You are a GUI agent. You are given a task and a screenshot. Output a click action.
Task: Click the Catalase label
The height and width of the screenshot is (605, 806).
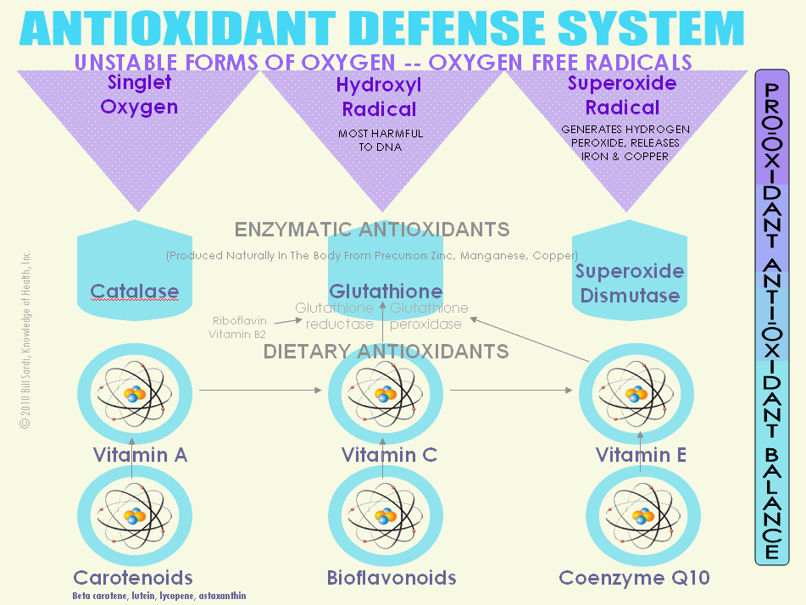135,292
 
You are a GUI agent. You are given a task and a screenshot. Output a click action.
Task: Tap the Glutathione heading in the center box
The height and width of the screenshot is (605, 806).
386,291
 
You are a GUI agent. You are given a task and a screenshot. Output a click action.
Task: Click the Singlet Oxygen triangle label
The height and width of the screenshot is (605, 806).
139,95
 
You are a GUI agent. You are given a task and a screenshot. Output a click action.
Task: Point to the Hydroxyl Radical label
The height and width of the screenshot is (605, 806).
379,97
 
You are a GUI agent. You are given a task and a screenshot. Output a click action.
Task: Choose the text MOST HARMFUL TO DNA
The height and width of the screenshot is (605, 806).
381,140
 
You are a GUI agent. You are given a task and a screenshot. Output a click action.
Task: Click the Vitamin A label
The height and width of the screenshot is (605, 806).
140,455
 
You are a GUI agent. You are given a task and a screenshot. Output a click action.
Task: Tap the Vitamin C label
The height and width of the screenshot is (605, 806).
389,455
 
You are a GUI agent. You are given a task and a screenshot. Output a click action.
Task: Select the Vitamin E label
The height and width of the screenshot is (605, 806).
641,455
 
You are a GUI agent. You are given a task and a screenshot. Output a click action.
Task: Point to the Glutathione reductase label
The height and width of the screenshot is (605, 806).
334,316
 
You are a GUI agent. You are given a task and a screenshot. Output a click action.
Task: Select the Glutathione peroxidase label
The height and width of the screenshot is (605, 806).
429,316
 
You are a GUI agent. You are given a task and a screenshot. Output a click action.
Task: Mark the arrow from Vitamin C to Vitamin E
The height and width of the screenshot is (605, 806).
511,391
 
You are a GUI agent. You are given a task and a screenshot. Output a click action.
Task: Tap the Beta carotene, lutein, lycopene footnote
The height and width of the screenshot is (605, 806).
159,596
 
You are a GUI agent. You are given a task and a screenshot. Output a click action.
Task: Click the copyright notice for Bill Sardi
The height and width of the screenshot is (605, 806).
25,340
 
